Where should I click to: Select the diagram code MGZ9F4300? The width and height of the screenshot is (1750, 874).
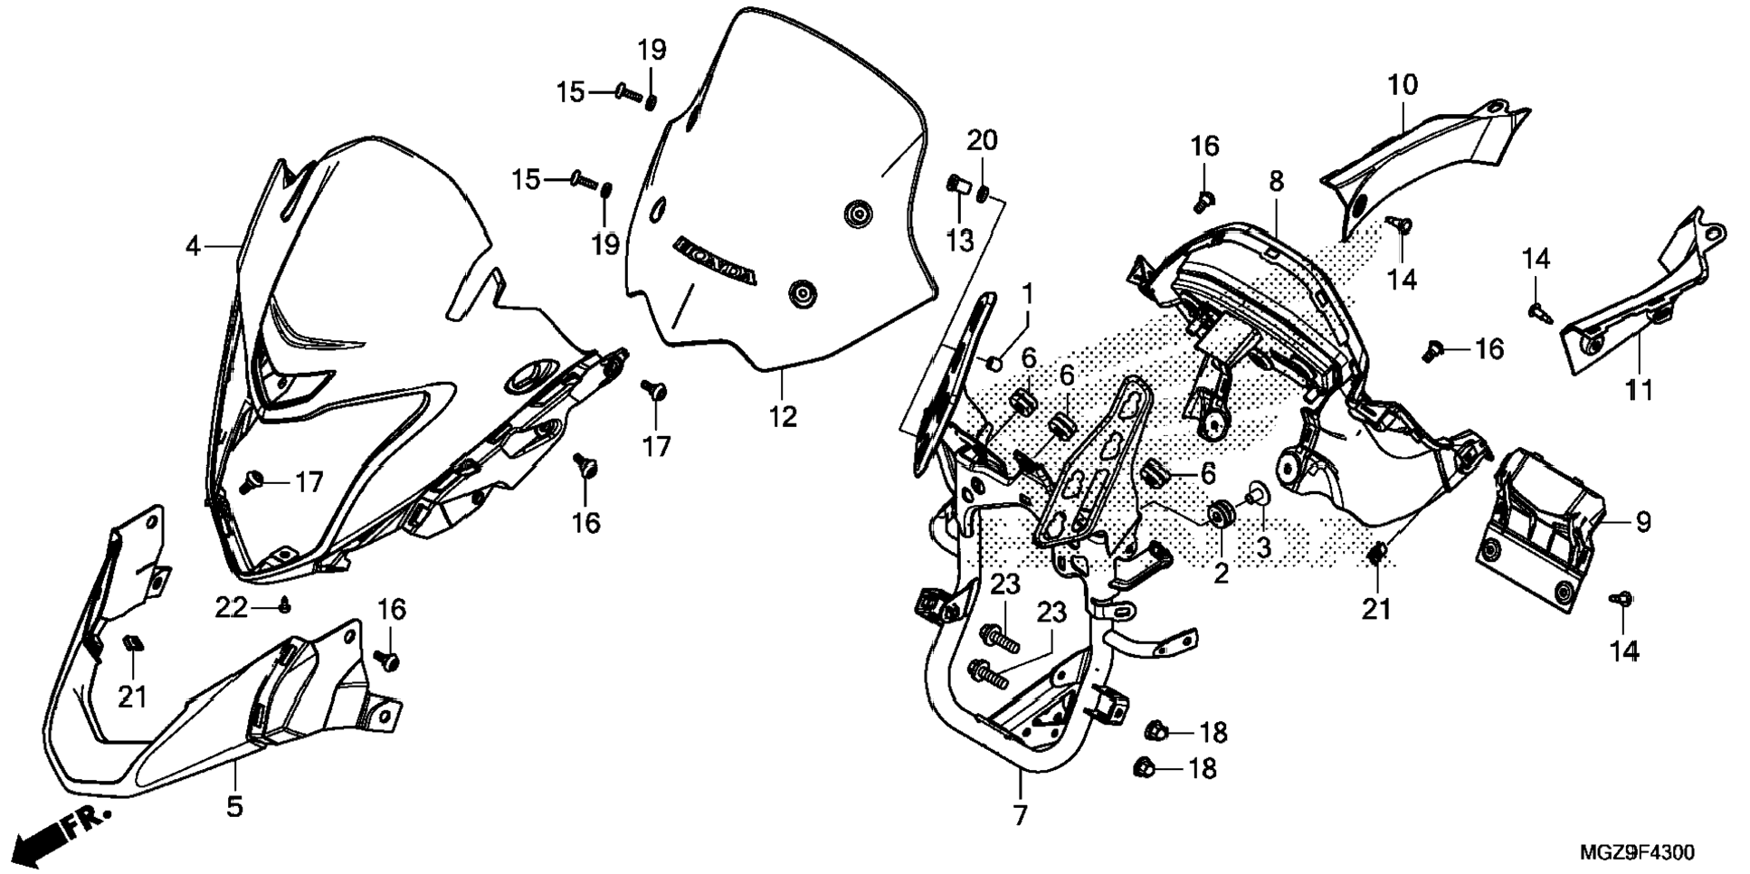1637,853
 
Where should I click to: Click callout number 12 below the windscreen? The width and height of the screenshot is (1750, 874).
784,417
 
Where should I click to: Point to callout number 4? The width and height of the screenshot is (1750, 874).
192,246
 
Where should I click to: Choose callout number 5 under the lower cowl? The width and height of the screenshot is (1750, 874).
234,806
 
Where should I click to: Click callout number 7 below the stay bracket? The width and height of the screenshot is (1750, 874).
1020,815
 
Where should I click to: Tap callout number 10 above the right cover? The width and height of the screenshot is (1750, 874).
1403,86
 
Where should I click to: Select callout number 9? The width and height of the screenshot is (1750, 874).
1643,522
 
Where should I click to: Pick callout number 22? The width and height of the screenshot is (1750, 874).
231,608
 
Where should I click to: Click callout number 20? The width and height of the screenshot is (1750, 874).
982,140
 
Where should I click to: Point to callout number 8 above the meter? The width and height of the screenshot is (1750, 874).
1276,182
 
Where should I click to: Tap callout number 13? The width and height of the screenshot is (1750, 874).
960,241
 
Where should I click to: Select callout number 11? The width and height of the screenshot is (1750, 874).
1640,391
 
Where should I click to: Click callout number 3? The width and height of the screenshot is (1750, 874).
1263,547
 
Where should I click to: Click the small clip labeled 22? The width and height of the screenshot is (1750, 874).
286,607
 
